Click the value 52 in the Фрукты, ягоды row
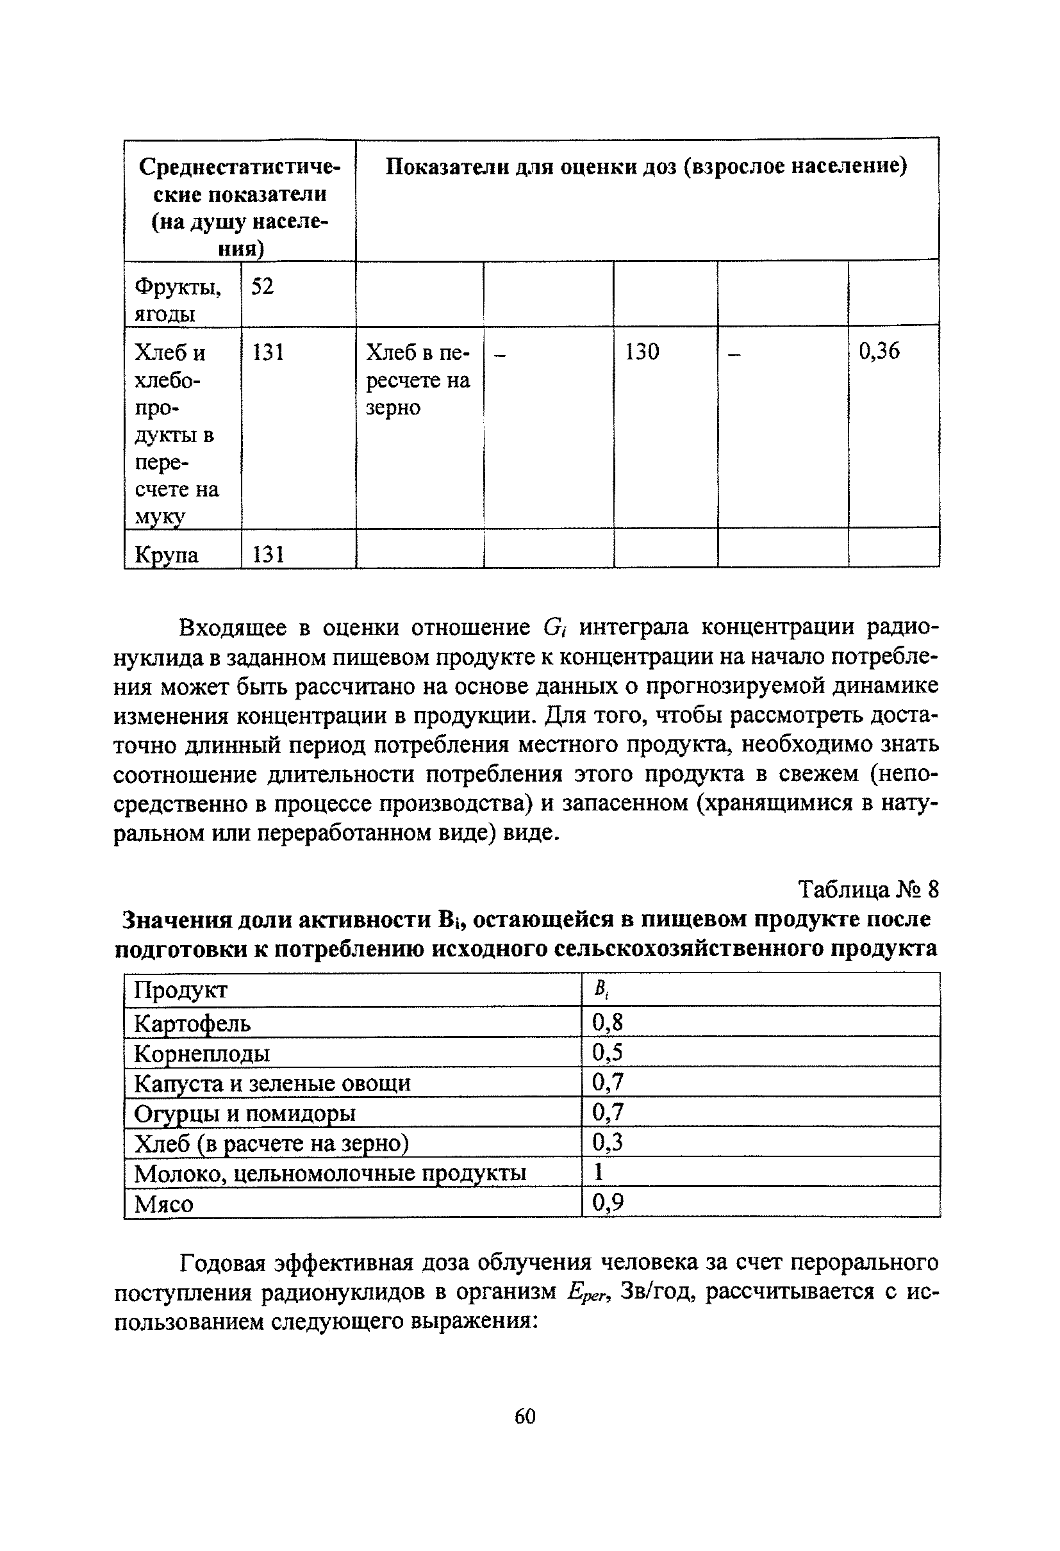coord(262,286)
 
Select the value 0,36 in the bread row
coord(879,351)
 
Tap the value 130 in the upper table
coord(642,352)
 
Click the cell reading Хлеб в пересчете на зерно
coord(418,380)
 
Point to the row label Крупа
coord(166,555)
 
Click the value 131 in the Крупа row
coord(269,554)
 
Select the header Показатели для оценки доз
coord(646,166)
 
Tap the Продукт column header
coord(180,990)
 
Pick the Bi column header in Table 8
coord(600,990)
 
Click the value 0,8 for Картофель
coord(607,1022)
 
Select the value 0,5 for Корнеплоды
coord(607,1053)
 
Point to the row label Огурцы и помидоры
coord(244,1113)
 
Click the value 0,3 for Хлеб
coord(607,1142)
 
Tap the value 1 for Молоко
coord(599,1172)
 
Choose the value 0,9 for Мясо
coord(607,1202)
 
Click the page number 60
coord(525,1416)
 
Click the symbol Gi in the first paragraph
coord(554,628)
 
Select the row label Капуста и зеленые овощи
coord(272,1083)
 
